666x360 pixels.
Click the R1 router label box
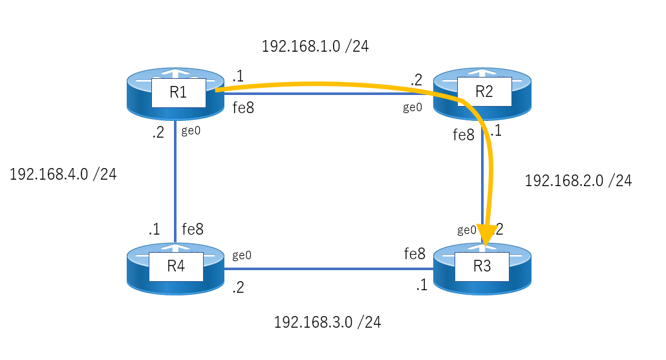click(178, 92)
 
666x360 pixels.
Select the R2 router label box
click(484, 91)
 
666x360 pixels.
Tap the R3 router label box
click(482, 266)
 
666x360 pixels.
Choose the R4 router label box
click(176, 266)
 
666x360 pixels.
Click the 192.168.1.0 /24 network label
click(315, 47)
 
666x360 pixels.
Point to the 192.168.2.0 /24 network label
click(578, 181)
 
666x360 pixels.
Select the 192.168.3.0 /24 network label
click(327, 323)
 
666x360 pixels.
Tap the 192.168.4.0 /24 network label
click(63, 175)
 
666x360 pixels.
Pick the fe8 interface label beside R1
click(243, 108)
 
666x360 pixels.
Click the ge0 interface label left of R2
click(413, 108)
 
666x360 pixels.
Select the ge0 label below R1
click(191, 131)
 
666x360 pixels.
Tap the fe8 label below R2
click(464, 135)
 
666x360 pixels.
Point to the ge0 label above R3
click(467, 230)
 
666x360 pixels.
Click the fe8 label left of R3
click(414, 254)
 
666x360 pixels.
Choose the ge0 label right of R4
click(242, 255)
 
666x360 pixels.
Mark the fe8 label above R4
click(193, 229)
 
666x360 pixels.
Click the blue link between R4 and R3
click(328, 269)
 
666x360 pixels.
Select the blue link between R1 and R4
click(175, 182)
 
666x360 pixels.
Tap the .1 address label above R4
click(154, 229)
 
